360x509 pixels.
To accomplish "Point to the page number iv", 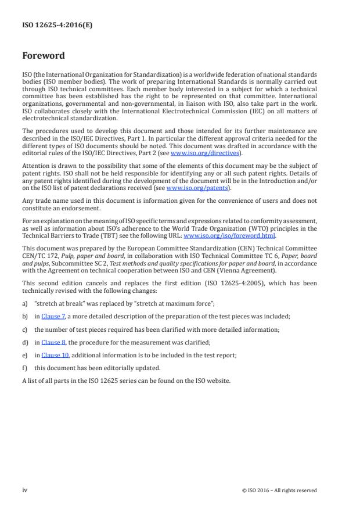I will click(x=25, y=490).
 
